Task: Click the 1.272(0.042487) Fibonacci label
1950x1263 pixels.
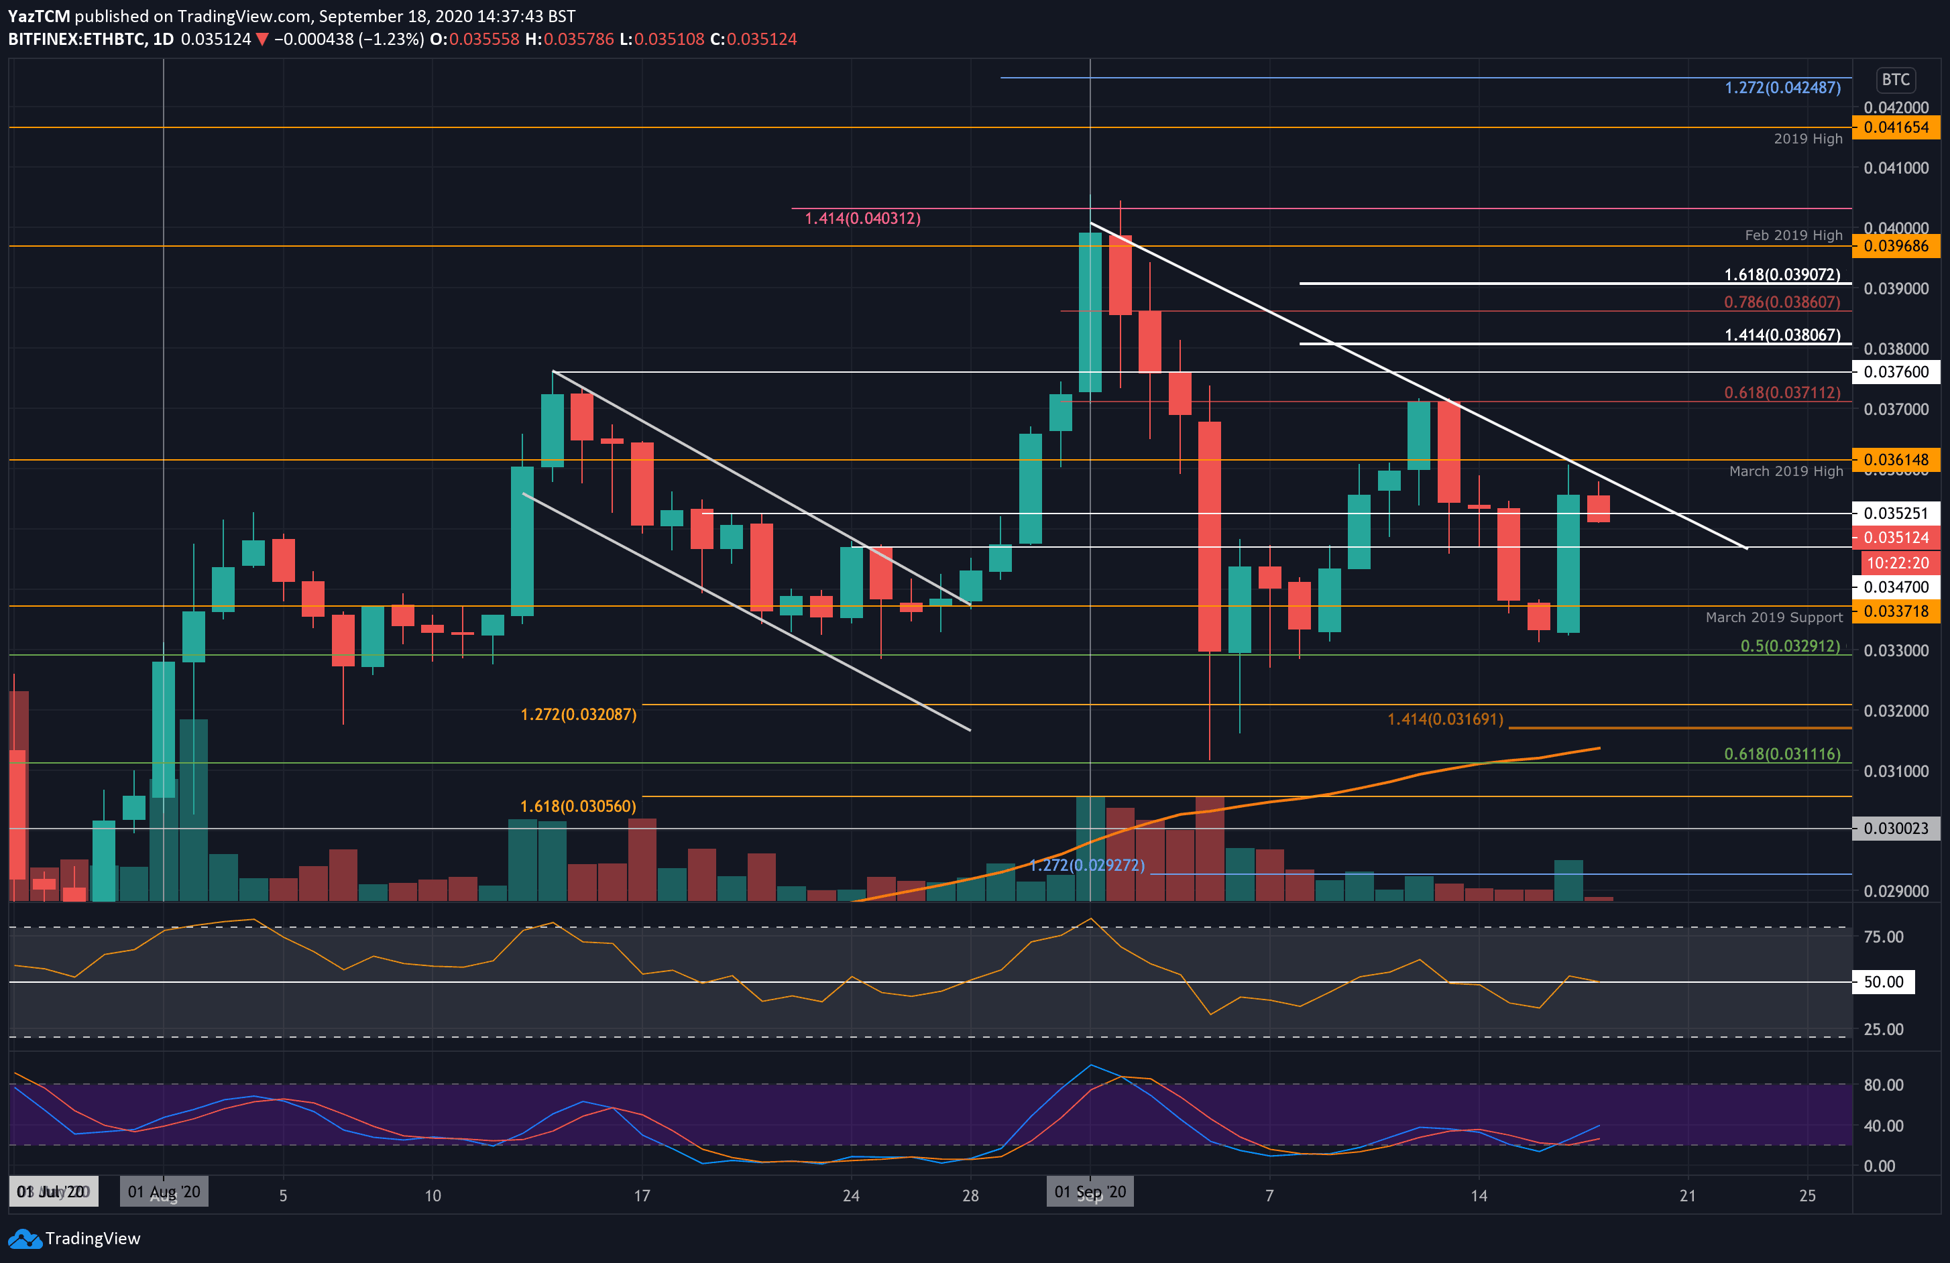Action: click(x=1782, y=88)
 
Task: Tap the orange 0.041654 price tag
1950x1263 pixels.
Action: click(x=1895, y=127)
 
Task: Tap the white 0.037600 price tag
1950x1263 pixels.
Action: click(x=1895, y=372)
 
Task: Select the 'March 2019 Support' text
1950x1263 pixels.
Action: click(x=1773, y=617)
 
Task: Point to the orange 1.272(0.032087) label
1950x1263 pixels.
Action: click(x=579, y=714)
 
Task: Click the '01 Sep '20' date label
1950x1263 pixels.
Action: click(x=1090, y=1192)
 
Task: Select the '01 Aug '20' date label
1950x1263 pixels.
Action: click(x=164, y=1192)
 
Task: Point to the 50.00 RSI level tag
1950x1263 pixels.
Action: click(x=1883, y=981)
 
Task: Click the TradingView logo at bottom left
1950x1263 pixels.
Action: click(x=74, y=1238)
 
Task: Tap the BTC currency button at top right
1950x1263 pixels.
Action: click(x=1895, y=80)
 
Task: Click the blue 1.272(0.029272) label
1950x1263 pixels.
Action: click(x=1086, y=865)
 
